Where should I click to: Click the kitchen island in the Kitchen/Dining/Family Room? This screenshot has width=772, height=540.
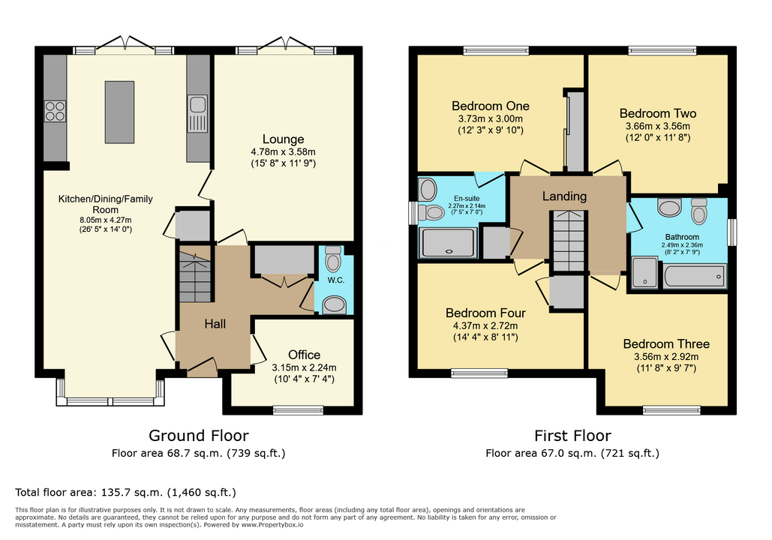(119, 112)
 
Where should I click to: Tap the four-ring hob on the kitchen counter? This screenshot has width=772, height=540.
(56, 111)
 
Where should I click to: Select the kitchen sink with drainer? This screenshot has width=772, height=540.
(197, 114)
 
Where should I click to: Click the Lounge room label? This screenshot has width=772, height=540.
(283, 139)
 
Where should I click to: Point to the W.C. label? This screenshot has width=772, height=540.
(336, 280)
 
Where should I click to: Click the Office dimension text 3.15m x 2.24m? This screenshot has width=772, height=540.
(305, 367)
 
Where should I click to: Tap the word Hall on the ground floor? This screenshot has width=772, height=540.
(215, 324)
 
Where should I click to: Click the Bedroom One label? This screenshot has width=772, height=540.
(491, 106)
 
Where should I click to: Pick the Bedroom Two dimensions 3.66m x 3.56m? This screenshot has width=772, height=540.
(658, 126)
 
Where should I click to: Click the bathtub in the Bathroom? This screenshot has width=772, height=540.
(694, 276)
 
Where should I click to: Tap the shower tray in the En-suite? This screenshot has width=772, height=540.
(448, 242)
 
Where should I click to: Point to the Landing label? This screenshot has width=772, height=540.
(564, 196)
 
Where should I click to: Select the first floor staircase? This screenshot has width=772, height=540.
(569, 241)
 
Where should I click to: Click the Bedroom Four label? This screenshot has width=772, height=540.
(485, 313)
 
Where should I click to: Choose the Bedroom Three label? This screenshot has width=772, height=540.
(666, 344)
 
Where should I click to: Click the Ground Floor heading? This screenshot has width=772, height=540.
(198, 436)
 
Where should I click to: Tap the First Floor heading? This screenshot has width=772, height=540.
(572, 436)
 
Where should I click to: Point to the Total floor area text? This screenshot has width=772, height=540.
(125, 492)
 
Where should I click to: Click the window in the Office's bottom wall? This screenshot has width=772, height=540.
(298, 410)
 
